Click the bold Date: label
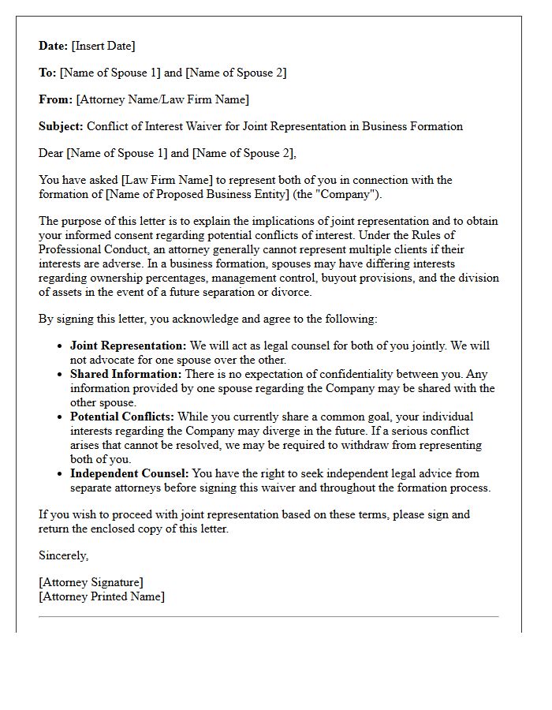(54, 46)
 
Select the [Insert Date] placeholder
(103, 46)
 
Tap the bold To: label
(47, 73)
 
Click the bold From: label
(55, 99)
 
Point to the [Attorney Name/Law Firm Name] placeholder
(162, 99)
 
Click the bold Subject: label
(61, 126)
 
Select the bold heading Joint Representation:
(129, 346)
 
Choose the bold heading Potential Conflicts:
(122, 417)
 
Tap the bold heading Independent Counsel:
(129, 473)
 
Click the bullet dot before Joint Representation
(62, 346)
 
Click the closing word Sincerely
(63, 555)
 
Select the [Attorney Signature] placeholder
(91, 582)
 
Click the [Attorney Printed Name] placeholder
(102, 596)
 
